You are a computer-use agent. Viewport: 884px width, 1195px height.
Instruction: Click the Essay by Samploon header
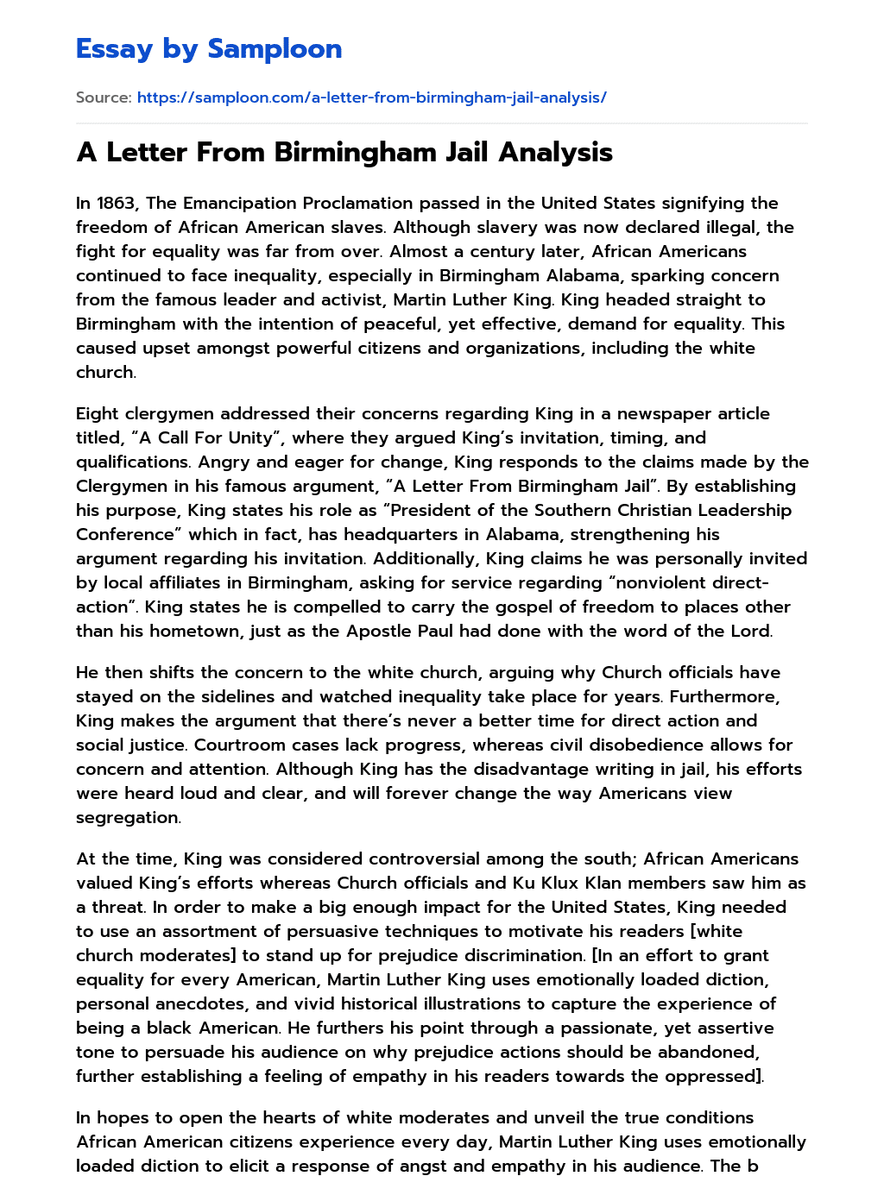[x=209, y=49]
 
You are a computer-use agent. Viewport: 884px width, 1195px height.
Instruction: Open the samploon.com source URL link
[x=371, y=97]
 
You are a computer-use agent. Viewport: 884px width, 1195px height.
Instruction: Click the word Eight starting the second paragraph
[x=97, y=413]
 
